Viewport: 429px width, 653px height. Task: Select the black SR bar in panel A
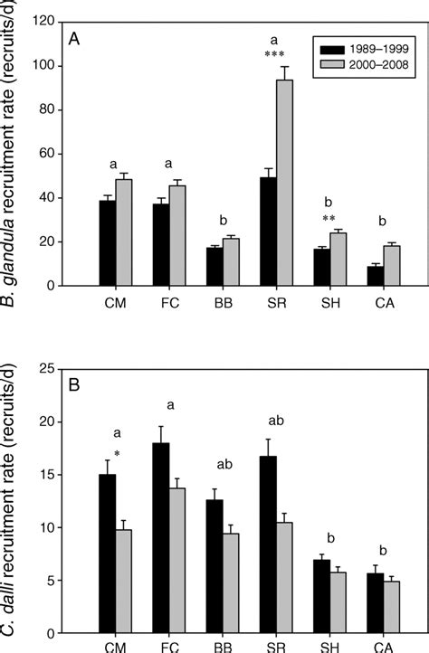(x=268, y=232)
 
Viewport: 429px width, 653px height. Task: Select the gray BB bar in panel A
(x=231, y=262)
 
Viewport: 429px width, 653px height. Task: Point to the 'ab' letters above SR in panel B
(x=276, y=420)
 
